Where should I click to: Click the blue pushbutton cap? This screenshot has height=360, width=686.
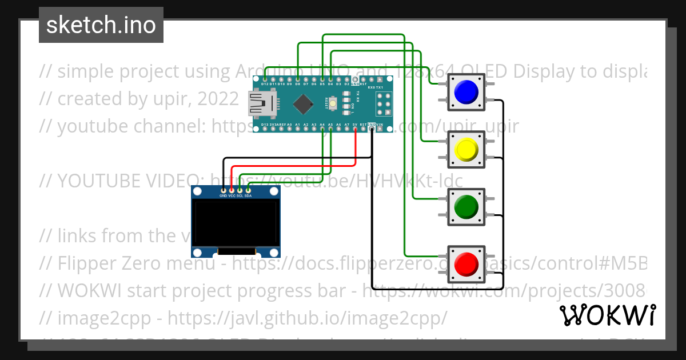tap(466, 91)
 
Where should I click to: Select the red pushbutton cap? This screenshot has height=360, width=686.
tap(466, 263)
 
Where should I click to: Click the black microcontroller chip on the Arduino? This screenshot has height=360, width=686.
tap(304, 104)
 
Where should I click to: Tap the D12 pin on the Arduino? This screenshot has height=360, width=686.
tap(265, 79)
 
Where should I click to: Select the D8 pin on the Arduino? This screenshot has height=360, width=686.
tap(298, 79)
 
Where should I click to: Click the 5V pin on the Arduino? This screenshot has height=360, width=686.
tap(356, 129)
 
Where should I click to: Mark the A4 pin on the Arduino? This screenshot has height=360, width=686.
tap(322, 129)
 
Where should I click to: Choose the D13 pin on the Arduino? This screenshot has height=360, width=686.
tap(265, 129)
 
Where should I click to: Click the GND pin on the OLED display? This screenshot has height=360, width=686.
tap(224, 190)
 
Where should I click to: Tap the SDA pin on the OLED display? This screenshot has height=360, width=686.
tap(248, 190)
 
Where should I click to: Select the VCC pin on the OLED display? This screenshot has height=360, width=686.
tap(232, 190)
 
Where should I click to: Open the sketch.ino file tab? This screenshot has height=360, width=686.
tap(101, 25)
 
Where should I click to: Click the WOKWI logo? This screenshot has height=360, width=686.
tap(607, 315)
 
